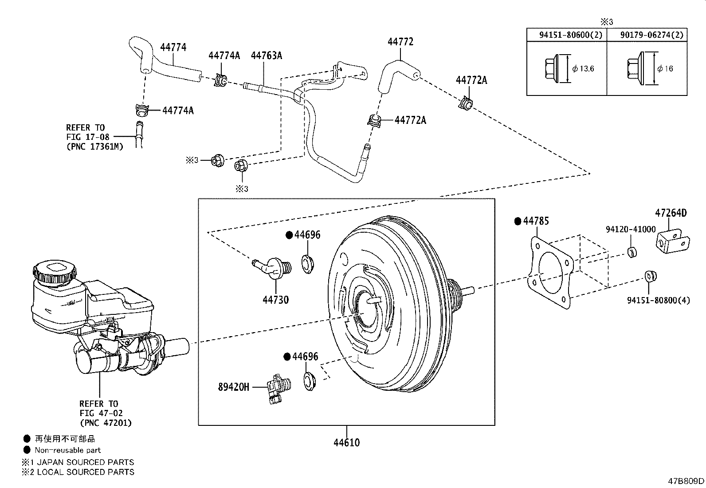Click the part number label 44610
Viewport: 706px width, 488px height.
click(x=347, y=443)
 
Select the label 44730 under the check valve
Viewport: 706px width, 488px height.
click(x=275, y=300)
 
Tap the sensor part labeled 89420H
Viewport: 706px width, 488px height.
click(x=277, y=386)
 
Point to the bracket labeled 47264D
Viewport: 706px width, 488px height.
click(x=672, y=242)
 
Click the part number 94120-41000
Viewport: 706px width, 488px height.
click(x=630, y=229)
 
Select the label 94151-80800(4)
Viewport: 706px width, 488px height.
click(x=659, y=300)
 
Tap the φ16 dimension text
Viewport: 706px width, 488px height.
click(x=665, y=68)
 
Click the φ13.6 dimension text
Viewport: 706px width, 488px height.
click(x=583, y=68)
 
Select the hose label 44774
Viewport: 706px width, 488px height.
click(x=173, y=47)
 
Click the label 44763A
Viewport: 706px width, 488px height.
click(x=267, y=56)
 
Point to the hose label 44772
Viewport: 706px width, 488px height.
click(x=400, y=42)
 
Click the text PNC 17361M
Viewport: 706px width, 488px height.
click(x=94, y=146)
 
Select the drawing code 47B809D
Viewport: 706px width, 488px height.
click(x=686, y=481)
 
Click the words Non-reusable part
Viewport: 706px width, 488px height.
click(x=68, y=450)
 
